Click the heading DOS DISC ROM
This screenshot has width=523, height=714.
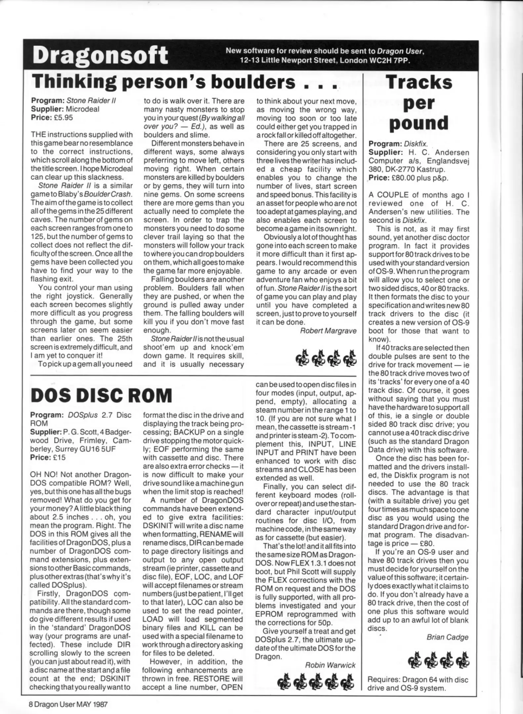point(101,395)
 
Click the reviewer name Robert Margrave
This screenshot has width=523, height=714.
point(328,331)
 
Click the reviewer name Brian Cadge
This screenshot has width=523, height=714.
point(447,637)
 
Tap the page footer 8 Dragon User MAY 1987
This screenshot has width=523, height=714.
point(68,704)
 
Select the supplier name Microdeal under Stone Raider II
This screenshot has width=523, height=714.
point(82,109)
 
